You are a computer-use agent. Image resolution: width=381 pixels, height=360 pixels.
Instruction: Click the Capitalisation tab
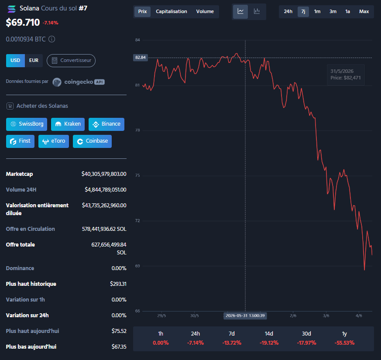click(172, 11)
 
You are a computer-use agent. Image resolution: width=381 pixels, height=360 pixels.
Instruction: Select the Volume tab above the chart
click(205, 11)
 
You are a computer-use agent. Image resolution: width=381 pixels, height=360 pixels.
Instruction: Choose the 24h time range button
click(288, 11)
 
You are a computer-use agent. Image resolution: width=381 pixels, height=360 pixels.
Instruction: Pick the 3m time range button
click(333, 11)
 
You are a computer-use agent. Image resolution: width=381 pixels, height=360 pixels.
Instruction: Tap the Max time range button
click(364, 11)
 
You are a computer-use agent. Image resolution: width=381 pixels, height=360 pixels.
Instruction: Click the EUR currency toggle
click(34, 61)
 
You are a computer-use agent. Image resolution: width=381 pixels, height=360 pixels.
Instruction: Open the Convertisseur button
click(71, 61)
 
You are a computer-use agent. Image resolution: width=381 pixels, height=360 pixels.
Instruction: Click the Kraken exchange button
click(68, 124)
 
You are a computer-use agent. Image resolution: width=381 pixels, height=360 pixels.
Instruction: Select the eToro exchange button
click(54, 141)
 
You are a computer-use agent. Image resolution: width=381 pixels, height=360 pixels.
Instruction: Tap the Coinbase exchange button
click(93, 141)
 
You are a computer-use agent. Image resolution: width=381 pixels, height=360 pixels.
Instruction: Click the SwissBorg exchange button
click(27, 124)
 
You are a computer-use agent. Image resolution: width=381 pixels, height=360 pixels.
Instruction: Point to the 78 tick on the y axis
click(137, 130)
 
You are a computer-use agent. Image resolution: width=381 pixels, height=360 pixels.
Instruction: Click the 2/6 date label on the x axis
click(293, 315)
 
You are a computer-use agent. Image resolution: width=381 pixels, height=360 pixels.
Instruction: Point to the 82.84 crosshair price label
click(141, 58)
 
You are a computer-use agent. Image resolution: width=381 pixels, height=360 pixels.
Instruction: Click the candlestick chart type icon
click(257, 11)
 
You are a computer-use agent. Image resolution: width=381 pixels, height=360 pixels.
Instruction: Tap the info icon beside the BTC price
click(52, 39)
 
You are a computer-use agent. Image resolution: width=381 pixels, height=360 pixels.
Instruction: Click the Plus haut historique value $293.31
click(118, 284)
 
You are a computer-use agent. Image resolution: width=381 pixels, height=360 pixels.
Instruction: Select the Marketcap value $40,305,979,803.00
click(104, 174)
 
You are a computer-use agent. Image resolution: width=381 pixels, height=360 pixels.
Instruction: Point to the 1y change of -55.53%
click(344, 343)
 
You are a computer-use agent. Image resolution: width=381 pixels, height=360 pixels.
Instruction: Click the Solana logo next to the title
click(11, 9)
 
